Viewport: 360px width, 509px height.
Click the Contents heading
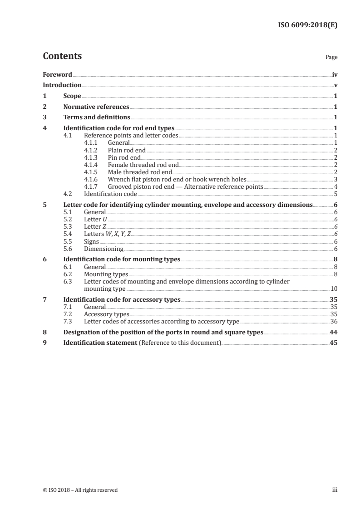click(62, 57)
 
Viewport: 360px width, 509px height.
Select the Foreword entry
click(57, 74)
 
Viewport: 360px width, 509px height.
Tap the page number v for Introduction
click(335, 85)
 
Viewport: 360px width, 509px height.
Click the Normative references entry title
click(96, 107)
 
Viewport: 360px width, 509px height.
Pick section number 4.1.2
click(92, 149)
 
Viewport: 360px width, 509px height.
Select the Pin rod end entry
click(123, 157)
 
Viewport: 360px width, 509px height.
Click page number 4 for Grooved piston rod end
click(335, 186)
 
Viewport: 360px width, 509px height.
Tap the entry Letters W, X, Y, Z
click(107, 234)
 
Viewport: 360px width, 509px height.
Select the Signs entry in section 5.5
click(91, 241)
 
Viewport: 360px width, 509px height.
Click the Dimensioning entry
click(104, 249)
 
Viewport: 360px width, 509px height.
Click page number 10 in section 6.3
click(334, 289)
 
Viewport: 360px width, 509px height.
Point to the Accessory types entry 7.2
click(106, 314)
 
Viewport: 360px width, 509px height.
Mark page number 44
click(334, 332)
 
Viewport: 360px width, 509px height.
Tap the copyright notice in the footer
click(80, 490)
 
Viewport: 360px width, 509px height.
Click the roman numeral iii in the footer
click(335, 490)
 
